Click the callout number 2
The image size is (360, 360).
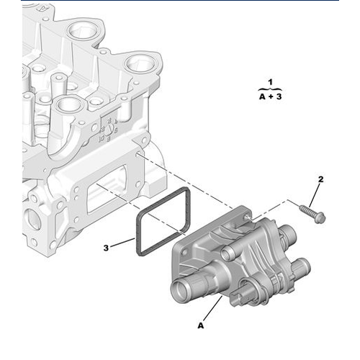point(321,179)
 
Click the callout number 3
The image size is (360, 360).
point(105,247)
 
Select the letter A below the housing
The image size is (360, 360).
point(201,325)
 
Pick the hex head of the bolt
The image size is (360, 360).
point(319,216)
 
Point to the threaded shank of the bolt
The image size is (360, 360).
point(305,211)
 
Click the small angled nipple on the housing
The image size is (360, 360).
point(232,251)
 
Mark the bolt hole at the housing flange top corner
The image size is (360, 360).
point(247,215)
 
